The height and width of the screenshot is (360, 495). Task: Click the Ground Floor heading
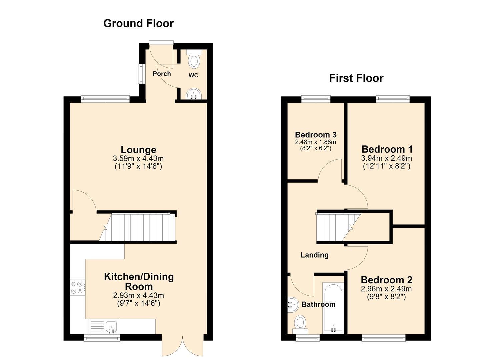[x=138, y=23]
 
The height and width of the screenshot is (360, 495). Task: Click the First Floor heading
[x=356, y=78]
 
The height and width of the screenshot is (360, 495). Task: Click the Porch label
[x=162, y=74]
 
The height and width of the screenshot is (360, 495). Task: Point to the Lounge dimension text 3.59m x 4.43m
[x=138, y=158]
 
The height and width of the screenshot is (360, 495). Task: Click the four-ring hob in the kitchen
[x=77, y=288]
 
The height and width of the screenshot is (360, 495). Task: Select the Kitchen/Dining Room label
[x=139, y=281]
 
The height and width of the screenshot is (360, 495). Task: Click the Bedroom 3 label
[x=316, y=135]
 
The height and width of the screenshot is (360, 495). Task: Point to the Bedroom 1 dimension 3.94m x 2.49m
[x=386, y=158]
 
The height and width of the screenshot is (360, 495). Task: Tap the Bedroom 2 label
[x=386, y=280]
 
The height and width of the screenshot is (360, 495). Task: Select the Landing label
[x=314, y=255]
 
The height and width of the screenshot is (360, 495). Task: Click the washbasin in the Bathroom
[x=293, y=305]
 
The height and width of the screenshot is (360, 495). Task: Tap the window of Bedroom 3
[x=316, y=99]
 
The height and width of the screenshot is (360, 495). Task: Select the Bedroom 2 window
[x=383, y=338]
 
